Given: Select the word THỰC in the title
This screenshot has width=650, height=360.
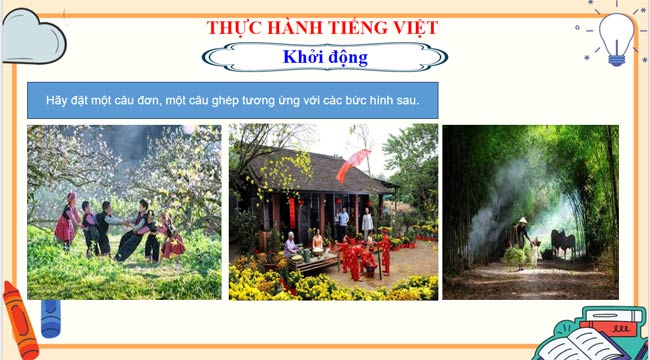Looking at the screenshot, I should (236, 27).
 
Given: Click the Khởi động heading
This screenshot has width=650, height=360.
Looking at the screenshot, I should (325, 57).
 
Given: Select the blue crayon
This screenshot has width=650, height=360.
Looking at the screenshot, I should (49, 317).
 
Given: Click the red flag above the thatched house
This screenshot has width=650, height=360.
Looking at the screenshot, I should (352, 164).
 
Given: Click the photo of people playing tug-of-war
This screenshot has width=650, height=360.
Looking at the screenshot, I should (124, 211).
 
